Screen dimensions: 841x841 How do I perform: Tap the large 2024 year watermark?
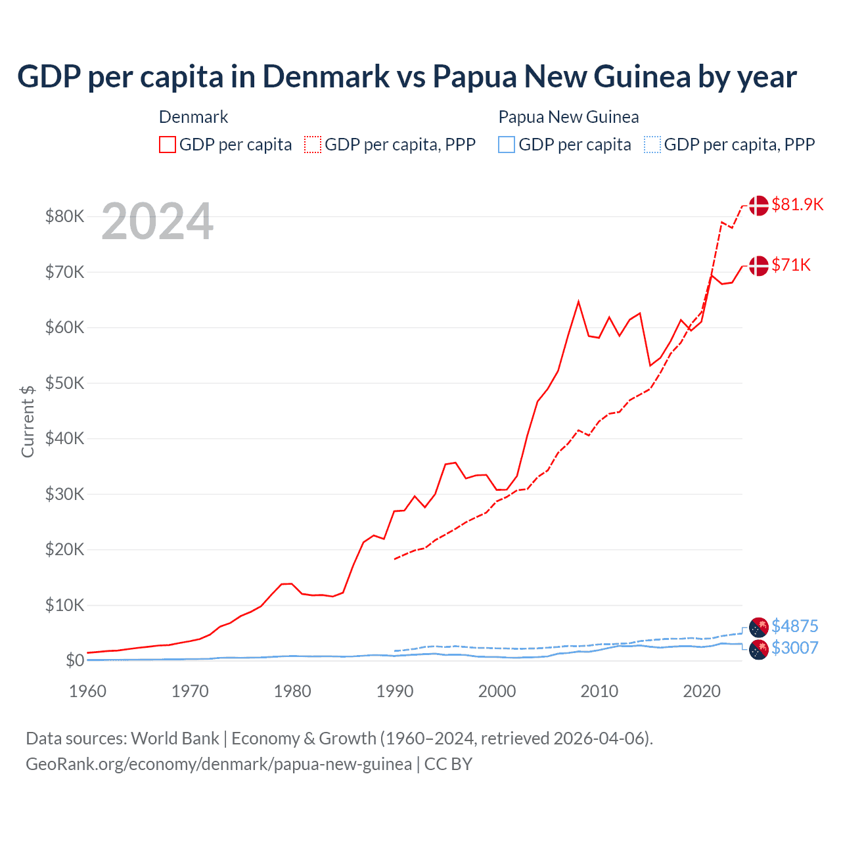(157, 222)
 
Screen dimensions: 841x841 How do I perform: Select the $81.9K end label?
(797, 204)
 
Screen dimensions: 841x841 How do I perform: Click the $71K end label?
(791, 265)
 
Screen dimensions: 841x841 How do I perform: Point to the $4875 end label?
(794, 626)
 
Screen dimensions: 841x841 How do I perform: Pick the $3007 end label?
(794, 648)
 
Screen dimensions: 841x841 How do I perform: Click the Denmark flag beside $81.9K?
(758, 205)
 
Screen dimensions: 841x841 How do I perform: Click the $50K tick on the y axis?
(64, 383)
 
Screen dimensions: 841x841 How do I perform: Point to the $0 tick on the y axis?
(75, 660)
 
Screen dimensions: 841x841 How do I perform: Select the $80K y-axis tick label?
(64, 216)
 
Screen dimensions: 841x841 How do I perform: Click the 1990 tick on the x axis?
(395, 691)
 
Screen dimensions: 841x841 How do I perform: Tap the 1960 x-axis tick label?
(88, 691)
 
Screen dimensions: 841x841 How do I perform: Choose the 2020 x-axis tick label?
(702, 691)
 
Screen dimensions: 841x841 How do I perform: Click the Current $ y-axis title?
(28, 421)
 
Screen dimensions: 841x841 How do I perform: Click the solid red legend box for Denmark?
(168, 145)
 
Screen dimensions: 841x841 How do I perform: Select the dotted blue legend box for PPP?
(652, 145)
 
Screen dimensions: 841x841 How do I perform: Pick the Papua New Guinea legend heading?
(568, 117)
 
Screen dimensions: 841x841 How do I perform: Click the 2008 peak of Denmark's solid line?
(578, 302)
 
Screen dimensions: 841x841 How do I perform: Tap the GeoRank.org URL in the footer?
(219, 764)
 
